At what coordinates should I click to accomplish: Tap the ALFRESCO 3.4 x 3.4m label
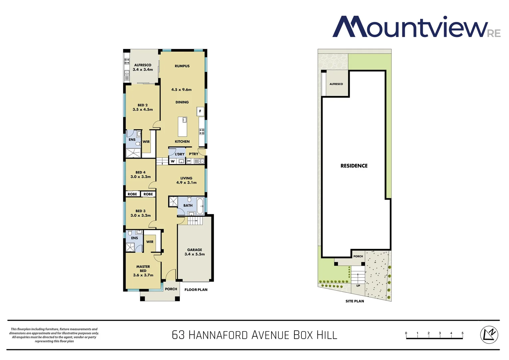click(x=143, y=67)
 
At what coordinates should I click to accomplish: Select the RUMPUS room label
click(x=182, y=66)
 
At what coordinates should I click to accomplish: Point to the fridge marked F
click(x=200, y=111)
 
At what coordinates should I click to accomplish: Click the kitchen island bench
click(x=182, y=127)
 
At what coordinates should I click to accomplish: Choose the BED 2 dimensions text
click(x=143, y=110)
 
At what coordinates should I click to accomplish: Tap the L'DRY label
click(x=180, y=154)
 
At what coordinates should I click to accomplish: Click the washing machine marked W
click(x=173, y=161)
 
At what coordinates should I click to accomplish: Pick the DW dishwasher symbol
click(x=189, y=161)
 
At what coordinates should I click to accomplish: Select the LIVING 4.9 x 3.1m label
click(x=186, y=180)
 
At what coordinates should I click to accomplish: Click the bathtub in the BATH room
click(x=200, y=206)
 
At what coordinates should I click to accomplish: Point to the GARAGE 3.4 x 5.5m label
click(x=195, y=252)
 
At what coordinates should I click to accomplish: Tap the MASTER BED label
click(x=143, y=269)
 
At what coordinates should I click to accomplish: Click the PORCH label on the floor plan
click(x=171, y=289)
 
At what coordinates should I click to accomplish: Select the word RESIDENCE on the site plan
click(x=354, y=166)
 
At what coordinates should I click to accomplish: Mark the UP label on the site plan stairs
click(x=358, y=286)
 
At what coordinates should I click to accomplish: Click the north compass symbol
click(x=489, y=334)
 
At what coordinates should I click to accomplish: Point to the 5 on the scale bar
click(x=462, y=333)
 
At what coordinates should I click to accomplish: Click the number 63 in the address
click(x=178, y=335)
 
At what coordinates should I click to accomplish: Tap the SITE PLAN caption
click(x=354, y=301)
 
